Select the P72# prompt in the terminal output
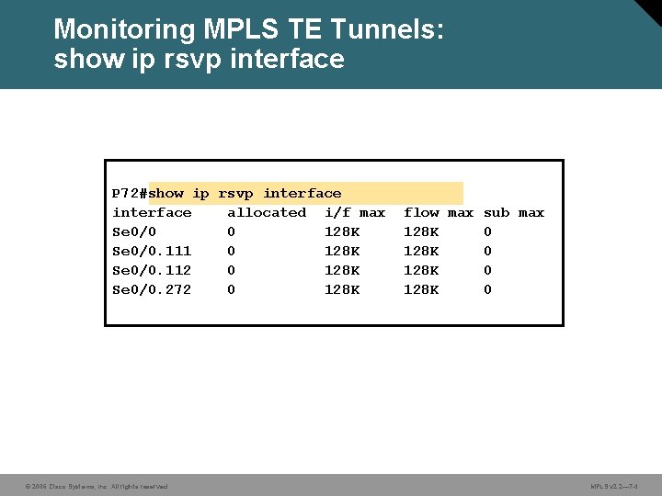point(130,194)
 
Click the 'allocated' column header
point(267,213)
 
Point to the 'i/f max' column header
point(355,213)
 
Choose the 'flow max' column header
point(439,213)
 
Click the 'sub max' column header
point(514,213)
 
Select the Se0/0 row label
point(134,232)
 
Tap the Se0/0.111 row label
point(152,252)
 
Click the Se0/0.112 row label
point(152,271)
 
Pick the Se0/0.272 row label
point(152,290)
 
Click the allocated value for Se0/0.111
point(232,252)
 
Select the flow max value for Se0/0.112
point(421,271)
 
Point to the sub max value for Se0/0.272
point(487,290)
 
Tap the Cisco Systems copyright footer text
point(97,486)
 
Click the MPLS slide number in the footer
point(614,486)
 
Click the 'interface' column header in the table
point(152,213)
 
